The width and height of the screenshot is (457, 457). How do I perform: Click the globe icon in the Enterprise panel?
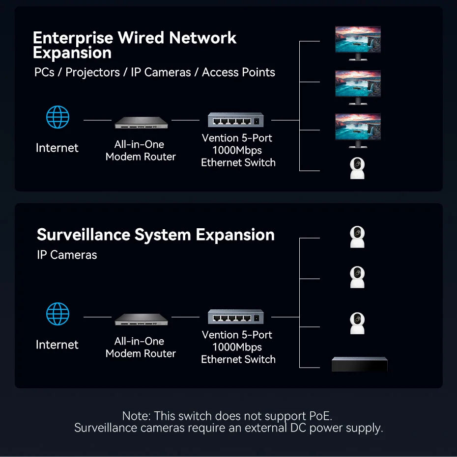tap(57, 118)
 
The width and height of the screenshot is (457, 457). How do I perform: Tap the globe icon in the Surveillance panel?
tap(57, 314)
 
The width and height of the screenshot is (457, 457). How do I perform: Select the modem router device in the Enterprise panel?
tap(141, 123)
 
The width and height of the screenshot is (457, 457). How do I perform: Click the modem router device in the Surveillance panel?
tap(141, 320)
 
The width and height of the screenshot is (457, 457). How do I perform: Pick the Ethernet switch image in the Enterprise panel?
tap(235, 120)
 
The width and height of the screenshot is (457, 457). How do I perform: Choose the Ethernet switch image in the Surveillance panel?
tap(235, 317)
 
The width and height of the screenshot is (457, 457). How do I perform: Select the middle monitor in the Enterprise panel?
tap(358, 86)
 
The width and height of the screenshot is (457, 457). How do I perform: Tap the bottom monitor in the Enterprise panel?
tap(358, 130)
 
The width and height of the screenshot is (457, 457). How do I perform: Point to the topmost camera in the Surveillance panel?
tap(357, 237)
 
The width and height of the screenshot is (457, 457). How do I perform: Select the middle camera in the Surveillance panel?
tap(357, 277)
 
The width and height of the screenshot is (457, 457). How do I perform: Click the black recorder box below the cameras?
tap(359, 364)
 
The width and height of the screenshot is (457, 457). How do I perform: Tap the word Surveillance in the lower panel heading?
tap(84, 235)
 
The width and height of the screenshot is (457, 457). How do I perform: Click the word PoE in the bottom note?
tap(325, 416)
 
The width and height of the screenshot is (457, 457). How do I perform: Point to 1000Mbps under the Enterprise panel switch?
tap(237, 150)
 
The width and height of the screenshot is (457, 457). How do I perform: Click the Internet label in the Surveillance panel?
tap(57, 345)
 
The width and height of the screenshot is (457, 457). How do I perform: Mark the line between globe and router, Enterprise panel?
tap(97, 120)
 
